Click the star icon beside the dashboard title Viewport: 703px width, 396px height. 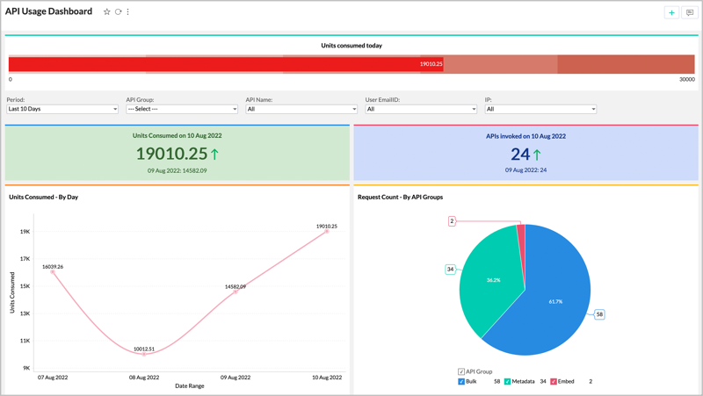tap(107, 12)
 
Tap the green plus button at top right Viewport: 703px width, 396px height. tap(671, 12)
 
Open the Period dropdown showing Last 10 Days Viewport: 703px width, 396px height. tap(62, 109)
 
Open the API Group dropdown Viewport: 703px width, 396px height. tap(182, 109)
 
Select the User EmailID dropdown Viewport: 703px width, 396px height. tap(421, 109)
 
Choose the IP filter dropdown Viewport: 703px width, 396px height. tap(540, 109)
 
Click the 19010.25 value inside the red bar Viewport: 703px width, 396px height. tap(431, 64)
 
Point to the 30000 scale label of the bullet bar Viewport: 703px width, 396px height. tap(686, 79)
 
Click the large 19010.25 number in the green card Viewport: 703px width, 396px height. tap(171, 154)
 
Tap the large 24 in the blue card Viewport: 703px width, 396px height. tap(520, 154)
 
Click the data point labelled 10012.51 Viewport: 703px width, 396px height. tap(144, 354)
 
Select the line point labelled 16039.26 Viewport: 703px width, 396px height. tap(53, 272)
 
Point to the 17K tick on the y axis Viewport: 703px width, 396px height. tap(25, 259)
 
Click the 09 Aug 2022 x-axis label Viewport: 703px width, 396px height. tap(236, 378)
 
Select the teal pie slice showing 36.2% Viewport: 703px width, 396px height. tap(493, 280)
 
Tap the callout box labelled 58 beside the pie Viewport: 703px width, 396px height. tap(599, 314)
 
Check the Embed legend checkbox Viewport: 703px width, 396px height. tap(554, 382)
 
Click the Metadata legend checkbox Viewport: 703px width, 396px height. tap(507, 382)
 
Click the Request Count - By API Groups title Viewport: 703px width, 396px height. tap(400, 197)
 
